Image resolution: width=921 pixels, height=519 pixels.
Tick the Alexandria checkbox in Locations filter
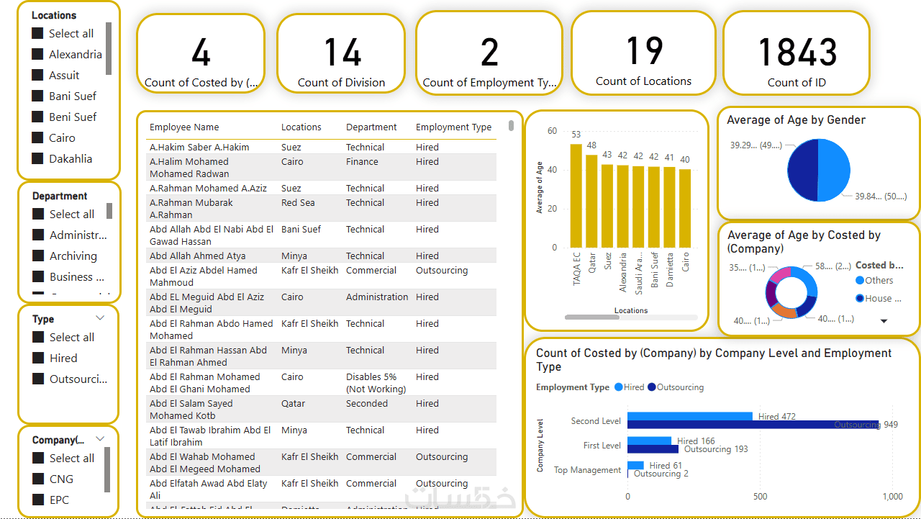click(38, 54)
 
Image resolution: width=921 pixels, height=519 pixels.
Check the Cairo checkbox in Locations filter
click(38, 137)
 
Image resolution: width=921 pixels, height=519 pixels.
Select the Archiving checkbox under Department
click(39, 256)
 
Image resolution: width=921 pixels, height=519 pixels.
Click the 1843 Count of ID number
click(797, 53)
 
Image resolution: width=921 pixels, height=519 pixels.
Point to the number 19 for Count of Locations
click(643, 51)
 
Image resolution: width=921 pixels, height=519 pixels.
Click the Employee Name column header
click(184, 127)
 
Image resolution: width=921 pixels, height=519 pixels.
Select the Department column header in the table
click(371, 127)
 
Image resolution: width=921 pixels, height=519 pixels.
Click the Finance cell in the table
click(362, 162)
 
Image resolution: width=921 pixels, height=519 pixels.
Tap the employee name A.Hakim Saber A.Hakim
click(199, 148)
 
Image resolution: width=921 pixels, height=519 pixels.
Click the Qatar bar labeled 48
click(591, 201)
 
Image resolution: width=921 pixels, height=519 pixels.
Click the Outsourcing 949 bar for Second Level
click(752, 425)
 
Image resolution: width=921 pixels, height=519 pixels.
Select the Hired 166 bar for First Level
click(649, 441)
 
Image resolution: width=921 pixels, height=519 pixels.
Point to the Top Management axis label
click(587, 470)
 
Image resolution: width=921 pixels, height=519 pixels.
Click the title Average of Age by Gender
click(796, 120)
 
